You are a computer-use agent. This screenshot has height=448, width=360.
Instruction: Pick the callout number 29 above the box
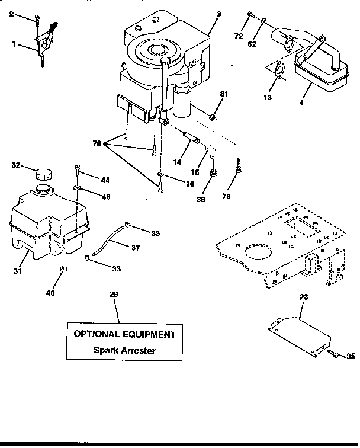pos(113,295)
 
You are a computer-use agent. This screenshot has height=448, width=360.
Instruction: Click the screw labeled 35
pos(333,354)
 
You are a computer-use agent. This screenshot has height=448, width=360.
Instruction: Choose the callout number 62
pos(252,43)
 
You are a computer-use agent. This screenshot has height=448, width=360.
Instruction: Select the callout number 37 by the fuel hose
pos(136,248)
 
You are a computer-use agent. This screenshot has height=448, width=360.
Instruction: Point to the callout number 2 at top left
pos(11,14)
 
